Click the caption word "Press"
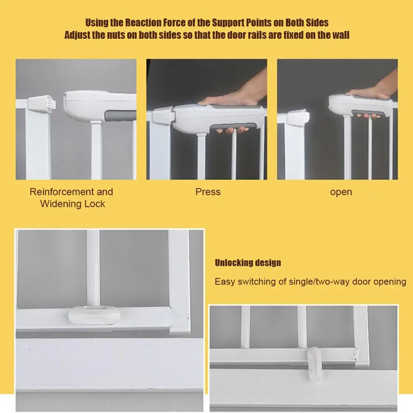click(208, 192)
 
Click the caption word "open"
click(341, 192)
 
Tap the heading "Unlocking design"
click(248, 263)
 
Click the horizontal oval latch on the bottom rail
click(94, 315)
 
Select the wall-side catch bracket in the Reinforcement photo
click(40, 104)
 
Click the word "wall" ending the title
click(340, 35)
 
